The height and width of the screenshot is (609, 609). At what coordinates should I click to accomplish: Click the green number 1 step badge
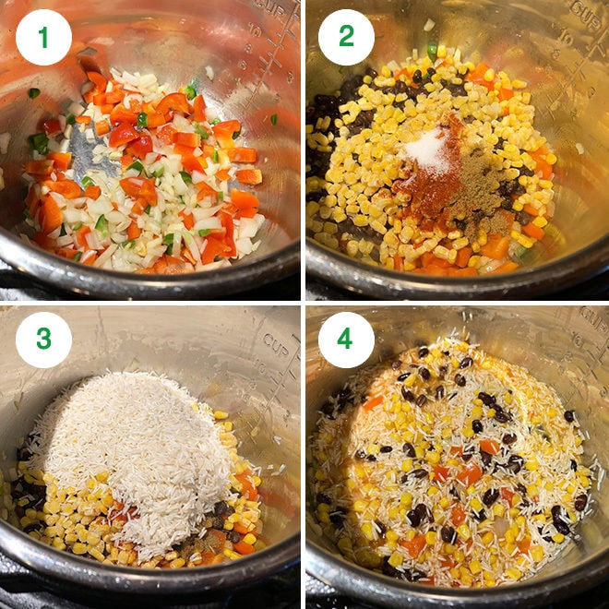tap(43, 37)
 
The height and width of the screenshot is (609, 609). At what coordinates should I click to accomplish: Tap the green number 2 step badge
tap(345, 37)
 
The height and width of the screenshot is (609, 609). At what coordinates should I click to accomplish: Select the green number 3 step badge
tap(43, 339)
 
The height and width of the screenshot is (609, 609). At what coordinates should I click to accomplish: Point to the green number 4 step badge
tap(345, 339)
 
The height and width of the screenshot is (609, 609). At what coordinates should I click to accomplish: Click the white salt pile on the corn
tap(431, 149)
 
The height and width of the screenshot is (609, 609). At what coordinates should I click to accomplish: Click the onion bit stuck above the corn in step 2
tap(428, 25)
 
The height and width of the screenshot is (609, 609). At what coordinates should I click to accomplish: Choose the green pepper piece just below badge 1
tap(33, 92)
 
